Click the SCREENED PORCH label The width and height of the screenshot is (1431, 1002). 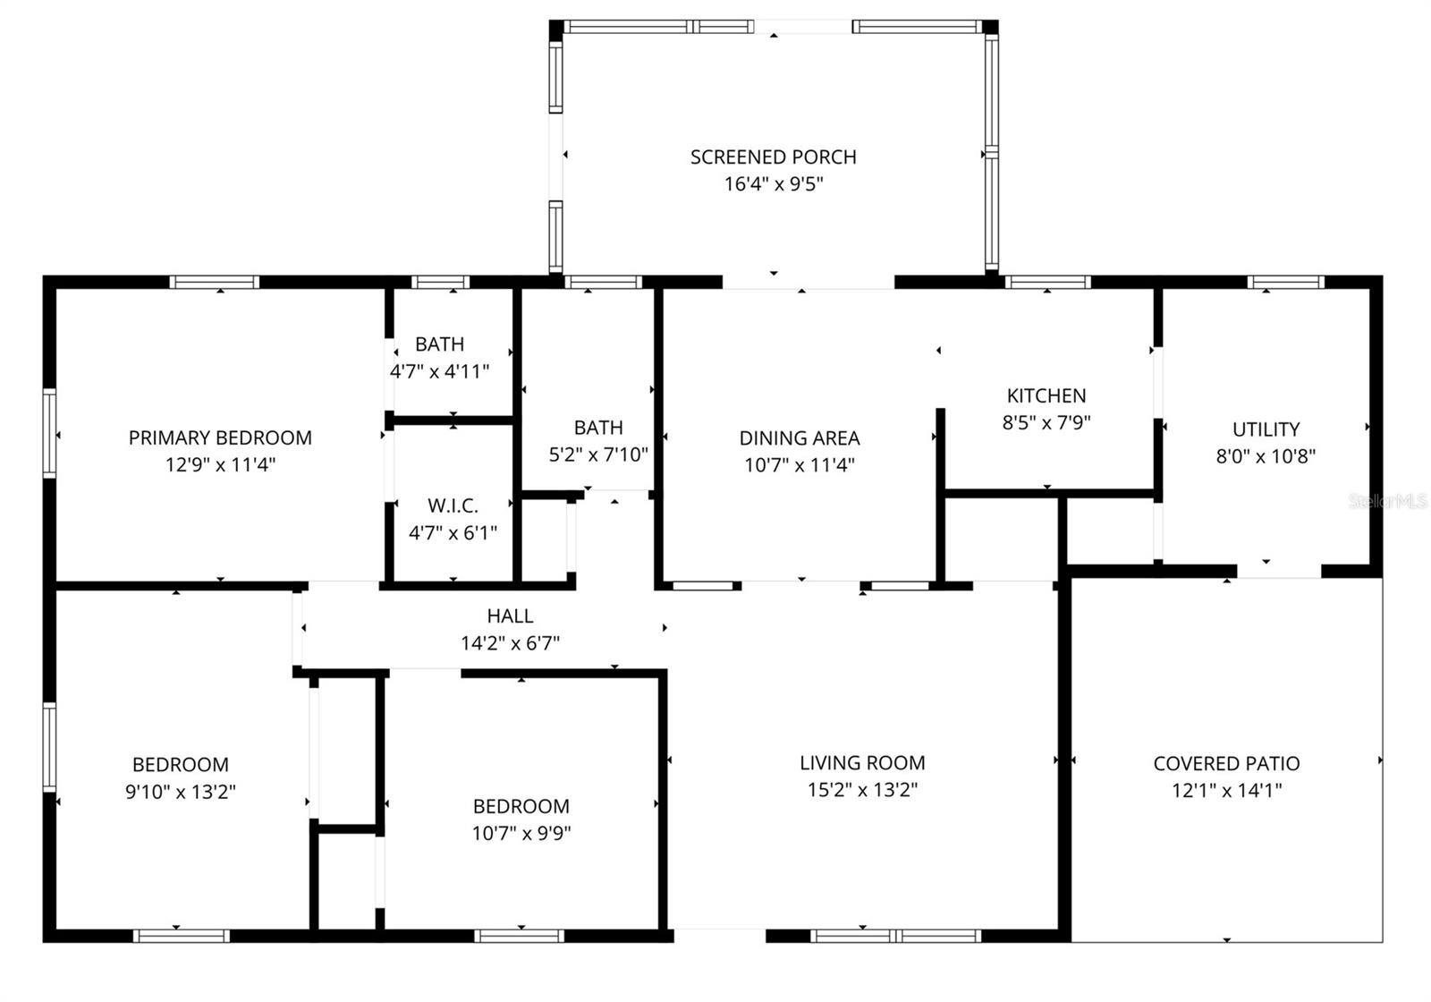pyautogui.click(x=773, y=157)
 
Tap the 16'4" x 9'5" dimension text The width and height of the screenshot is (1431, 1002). pyautogui.click(x=773, y=184)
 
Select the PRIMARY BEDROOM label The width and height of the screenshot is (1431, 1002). pyautogui.click(x=220, y=437)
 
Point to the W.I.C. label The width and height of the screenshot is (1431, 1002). pyautogui.click(x=453, y=505)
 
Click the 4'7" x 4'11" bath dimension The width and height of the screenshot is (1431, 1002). pyautogui.click(x=439, y=371)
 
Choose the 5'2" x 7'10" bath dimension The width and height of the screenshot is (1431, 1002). pyautogui.click(x=598, y=454)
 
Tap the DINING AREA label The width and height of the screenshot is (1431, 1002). pyautogui.click(x=799, y=438)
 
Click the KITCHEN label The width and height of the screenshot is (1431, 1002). pyautogui.click(x=1046, y=395)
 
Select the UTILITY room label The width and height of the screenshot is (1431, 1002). pyautogui.click(x=1266, y=429)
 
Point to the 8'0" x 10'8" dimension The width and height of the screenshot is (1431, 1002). pyautogui.click(x=1266, y=456)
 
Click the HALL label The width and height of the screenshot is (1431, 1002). pyautogui.click(x=510, y=616)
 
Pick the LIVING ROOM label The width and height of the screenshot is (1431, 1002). pyautogui.click(x=862, y=763)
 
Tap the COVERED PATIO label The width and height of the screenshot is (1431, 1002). pyautogui.click(x=1226, y=764)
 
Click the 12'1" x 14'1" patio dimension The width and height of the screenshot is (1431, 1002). pyautogui.click(x=1226, y=791)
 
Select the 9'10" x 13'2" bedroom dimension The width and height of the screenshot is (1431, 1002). pyautogui.click(x=181, y=792)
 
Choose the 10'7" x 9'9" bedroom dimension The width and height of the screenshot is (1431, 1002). pyautogui.click(x=521, y=834)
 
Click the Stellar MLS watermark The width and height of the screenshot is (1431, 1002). pyautogui.click(x=1387, y=502)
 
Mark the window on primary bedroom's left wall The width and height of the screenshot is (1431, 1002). pyautogui.click(x=50, y=434)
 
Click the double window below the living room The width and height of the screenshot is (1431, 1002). pyautogui.click(x=895, y=936)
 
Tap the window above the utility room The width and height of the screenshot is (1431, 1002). pyautogui.click(x=1286, y=283)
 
